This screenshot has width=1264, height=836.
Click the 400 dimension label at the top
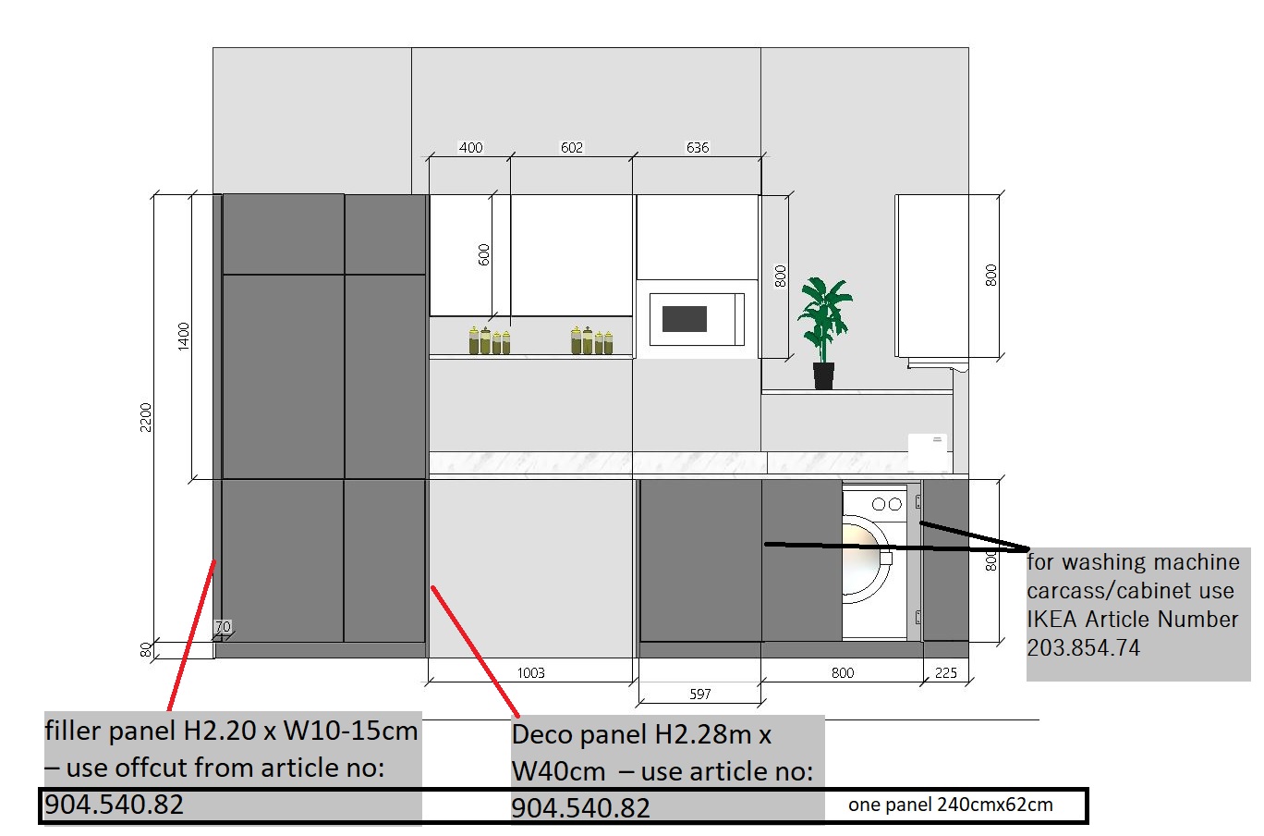(470, 147)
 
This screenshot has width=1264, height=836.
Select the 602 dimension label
(572, 147)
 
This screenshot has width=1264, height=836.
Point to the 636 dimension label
(698, 147)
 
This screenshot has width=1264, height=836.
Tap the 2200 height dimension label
(146, 417)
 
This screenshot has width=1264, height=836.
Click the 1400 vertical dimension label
(183, 337)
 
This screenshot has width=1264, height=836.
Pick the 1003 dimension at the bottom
(531, 672)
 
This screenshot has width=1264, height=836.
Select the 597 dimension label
(700, 694)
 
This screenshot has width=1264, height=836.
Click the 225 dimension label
(946, 672)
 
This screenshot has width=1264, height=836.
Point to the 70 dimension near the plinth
(223, 626)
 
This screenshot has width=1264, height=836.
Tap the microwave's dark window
(685, 319)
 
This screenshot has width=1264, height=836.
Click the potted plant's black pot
(823, 375)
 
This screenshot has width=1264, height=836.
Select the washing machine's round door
(866, 559)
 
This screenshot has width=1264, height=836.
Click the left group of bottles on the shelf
(489, 340)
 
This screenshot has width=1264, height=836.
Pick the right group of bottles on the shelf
(591, 340)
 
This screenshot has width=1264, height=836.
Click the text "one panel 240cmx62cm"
(950, 805)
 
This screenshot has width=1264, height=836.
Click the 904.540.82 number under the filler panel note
(114, 805)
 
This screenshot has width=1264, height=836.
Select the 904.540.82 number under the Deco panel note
(580, 807)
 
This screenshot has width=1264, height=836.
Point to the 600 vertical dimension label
(483, 254)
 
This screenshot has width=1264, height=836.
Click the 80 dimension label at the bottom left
(146, 649)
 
